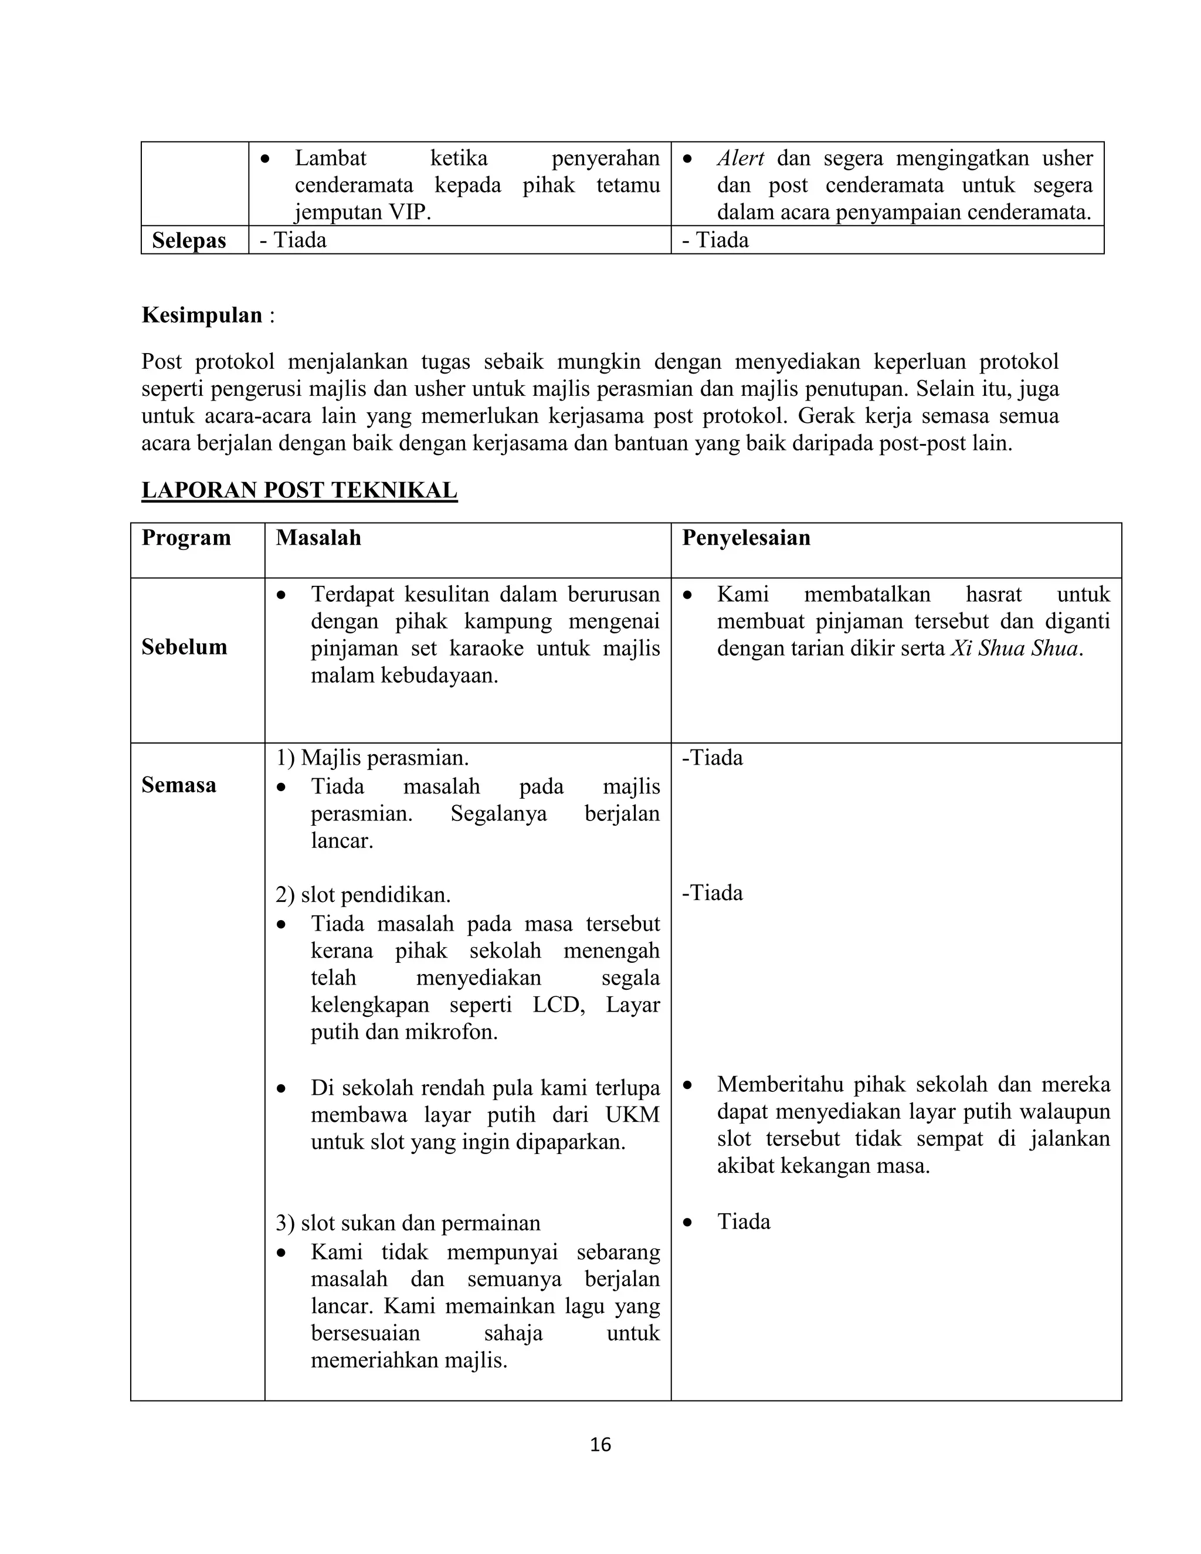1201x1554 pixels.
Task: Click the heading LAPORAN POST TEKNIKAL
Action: pyautogui.click(x=299, y=490)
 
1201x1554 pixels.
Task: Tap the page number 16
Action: pyautogui.click(x=600, y=1444)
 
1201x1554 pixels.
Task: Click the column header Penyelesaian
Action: pyautogui.click(x=746, y=537)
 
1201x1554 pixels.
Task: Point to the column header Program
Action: pyautogui.click(x=186, y=537)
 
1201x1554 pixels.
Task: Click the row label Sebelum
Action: pyautogui.click(x=184, y=647)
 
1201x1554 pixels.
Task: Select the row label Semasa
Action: pyautogui.click(x=179, y=785)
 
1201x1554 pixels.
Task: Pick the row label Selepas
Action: pyautogui.click(x=189, y=240)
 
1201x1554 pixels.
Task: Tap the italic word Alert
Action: pyautogui.click(x=740, y=158)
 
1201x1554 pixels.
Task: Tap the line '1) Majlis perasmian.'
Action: pyautogui.click(x=372, y=758)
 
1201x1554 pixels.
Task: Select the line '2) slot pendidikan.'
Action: pyautogui.click(x=363, y=894)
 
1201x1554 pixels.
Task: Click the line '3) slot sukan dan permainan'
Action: pyautogui.click(x=408, y=1223)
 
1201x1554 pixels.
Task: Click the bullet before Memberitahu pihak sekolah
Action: pyautogui.click(x=687, y=1086)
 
